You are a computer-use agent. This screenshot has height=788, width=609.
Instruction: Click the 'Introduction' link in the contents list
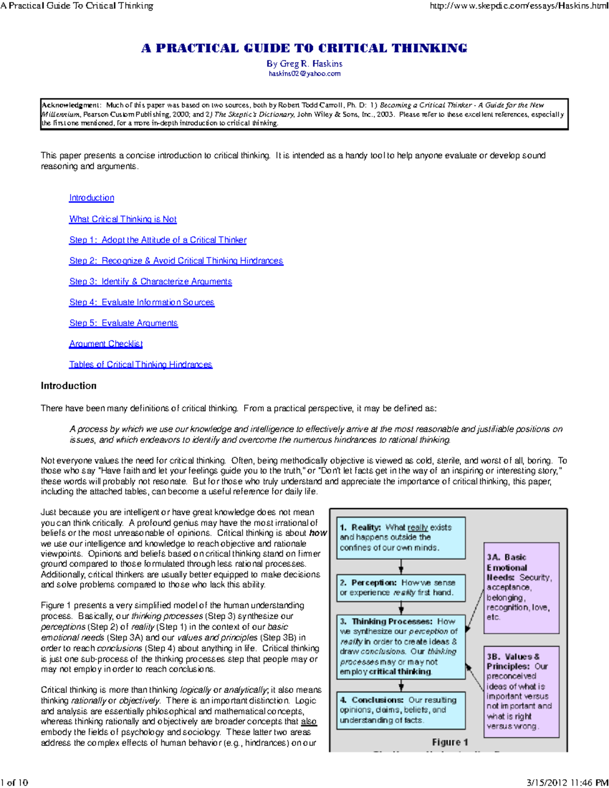point(91,198)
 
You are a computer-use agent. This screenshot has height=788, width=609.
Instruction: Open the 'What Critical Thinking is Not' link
point(123,219)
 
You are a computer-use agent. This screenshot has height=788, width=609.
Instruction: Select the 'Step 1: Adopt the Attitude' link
point(158,240)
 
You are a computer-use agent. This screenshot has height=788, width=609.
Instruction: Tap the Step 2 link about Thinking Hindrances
point(176,261)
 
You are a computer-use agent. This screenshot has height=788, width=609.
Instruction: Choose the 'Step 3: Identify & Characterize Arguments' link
point(151,282)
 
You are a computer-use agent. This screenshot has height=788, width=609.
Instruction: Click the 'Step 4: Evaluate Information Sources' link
point(142,302)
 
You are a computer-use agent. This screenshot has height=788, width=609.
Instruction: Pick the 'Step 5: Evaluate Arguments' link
point(123,323)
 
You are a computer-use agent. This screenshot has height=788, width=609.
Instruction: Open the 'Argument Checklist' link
point(106,344)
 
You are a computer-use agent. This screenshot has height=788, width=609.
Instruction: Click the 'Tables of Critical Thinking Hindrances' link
point(141,365)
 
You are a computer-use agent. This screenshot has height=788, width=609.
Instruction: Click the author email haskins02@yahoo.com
point(304,74)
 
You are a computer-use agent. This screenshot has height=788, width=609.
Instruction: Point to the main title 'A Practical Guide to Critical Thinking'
point(304,49)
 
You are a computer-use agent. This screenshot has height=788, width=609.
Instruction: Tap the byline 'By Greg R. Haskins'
point(304,64)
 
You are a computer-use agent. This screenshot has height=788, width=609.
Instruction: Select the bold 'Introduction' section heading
point(69,386)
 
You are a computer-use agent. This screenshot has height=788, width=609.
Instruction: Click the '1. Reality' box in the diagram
point(401,538)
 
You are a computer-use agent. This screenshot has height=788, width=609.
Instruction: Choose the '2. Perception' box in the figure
point(401,588)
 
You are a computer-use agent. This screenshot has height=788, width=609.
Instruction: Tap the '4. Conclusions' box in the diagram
point(401,710)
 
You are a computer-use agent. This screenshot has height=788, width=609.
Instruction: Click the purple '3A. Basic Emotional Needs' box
point(521,588)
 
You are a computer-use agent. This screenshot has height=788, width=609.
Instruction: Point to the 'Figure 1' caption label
point(450,742)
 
